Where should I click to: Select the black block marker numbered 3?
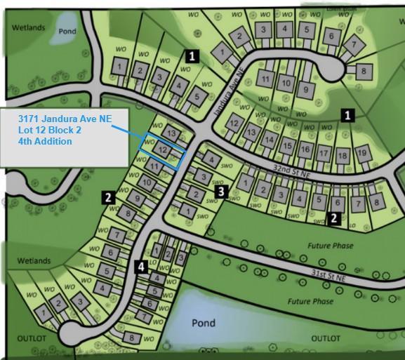coord(220,190)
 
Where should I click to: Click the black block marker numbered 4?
coord(142,266)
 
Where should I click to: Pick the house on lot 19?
coord(361,153)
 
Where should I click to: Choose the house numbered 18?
coord(342,155)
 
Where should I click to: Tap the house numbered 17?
coord(323,153)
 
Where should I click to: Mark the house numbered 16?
coord(305,149)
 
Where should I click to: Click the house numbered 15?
coord(286,145)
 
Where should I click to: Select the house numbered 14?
coord(268,140)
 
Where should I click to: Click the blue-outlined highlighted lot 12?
coord(162,149)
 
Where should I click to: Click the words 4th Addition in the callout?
coord(45,141)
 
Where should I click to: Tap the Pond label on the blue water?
coord(203,323)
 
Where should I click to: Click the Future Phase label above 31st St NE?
coord(330,246)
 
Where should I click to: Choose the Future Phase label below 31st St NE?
coord(311,301)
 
